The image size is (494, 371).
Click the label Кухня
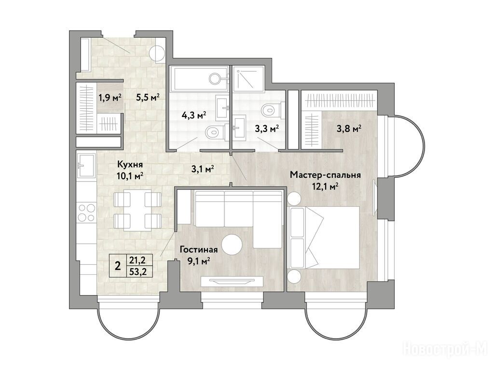[130, 164]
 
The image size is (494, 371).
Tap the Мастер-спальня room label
[326, 175]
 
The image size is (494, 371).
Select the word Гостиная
[198, 250]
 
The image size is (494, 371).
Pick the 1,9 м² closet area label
[110, 98]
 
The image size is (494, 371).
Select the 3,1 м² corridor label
[203, 169]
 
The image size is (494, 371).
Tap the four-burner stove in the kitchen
[86, 213]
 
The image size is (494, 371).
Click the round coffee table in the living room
[232, 244]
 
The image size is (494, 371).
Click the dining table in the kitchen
[137, 210]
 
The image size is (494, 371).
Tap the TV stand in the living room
[232, 281]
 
